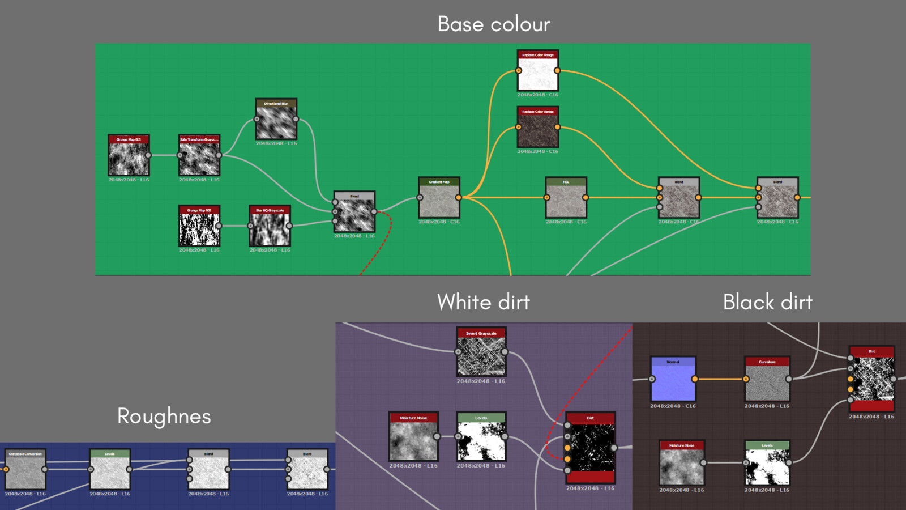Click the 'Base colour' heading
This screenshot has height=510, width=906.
[x=493, y=24]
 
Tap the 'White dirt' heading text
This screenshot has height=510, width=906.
[x=483, y=302]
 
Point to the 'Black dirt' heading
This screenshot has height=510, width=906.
[x=767, y=302]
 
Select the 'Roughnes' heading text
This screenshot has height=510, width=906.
[x=164, y=416]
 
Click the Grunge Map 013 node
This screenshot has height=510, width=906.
[x=129, y=156]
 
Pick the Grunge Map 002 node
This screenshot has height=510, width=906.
[x=199, y=227]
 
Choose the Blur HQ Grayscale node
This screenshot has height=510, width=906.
[x=270, y=227]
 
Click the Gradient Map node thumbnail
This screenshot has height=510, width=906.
[x=439, y=201]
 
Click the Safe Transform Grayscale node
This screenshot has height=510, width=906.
[x=199, y=156]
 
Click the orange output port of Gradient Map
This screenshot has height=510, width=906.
[x=458, y=198]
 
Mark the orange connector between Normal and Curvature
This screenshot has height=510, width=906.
[x=720, y=379]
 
